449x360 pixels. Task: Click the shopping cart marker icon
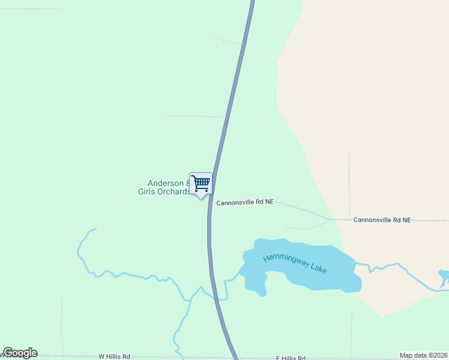coord(200,183)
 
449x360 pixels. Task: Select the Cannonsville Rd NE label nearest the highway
coord(245,202)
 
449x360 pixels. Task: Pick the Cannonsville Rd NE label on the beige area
coord(382,220)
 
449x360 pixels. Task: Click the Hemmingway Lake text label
coord(295,263)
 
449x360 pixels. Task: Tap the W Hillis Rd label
coord(114,356)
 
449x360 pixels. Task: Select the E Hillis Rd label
coord(291,358)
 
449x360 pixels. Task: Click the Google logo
coord(20,353)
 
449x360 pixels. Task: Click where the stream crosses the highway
coord(215,296)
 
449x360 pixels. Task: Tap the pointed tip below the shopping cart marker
coord(201,198)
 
